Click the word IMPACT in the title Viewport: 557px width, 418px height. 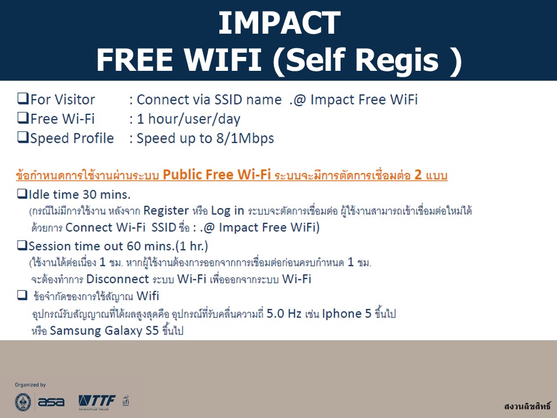click(x=279, y=23)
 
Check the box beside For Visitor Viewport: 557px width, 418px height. click(x=23, y=99)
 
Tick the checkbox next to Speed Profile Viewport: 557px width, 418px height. click(x=23, y=137)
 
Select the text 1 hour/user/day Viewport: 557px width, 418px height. click(x=189, y=119)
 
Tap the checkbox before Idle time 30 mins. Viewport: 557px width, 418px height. click(x=22, y=194)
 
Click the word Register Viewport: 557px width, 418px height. click(x=166, y=211)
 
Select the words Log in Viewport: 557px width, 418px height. click(x=227, y=211)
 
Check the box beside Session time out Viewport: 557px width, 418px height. click(x=22, y=245)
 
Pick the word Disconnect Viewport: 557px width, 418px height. click(x=118, y=279)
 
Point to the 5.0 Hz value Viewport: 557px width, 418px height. click(x=284, y=313)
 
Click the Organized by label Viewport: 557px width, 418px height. click(x=30, y=384)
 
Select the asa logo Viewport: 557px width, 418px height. click(x=51, y=402)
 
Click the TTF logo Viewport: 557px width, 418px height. click(x=97, y=402)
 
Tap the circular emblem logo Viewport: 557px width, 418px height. click(x=23, y=402)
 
